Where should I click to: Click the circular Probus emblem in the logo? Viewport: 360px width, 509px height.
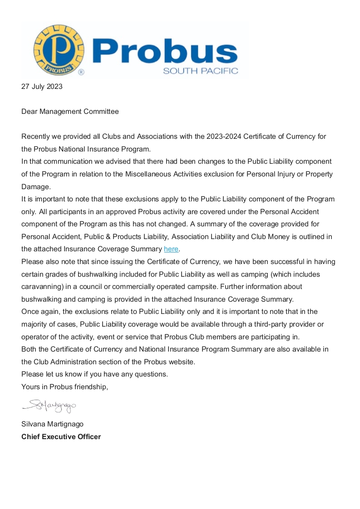pyautogui.click(x=59, y=50)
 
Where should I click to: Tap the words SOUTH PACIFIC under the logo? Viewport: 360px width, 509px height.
pyautogui.click(x=200, y=71)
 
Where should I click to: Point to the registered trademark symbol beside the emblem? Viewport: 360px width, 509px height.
pyautogui.click(x=81, y=72)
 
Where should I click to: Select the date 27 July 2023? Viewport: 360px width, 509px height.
pyautogui.click(x=42, y=87)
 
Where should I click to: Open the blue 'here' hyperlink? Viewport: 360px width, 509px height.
pyautogui.click(x=171, y=249)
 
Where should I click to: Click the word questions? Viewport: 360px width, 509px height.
pyautogui.click(x=152, y=374)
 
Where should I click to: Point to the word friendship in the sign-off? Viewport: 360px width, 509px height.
pyautogui.click(x=90, y=387)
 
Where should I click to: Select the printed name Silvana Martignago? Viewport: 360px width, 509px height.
pyautogui.click(x=52, y=424)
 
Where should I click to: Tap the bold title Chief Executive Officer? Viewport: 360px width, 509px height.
pyautogui.click(x=61, y=437)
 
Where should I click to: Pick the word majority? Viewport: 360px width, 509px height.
pyautogui.click(x=35, y=324)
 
